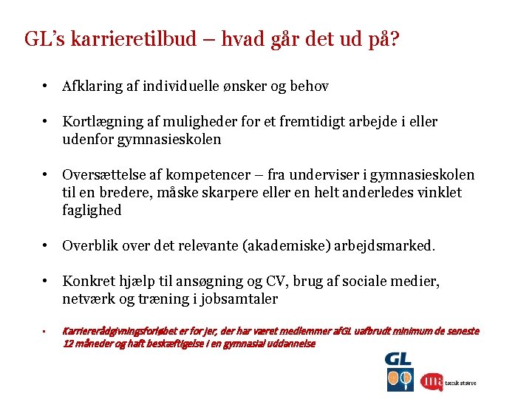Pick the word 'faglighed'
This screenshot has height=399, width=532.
pyautogui.click(x=92, y=211)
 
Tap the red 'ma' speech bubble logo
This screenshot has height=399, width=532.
pyautogui.click(x=432, y=381)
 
